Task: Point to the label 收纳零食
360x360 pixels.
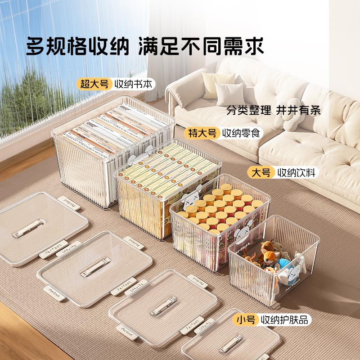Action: point(241,133)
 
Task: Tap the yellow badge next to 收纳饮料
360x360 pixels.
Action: point(261,172)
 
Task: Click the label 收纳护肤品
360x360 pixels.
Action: point(286,320)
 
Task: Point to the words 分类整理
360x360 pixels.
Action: point(249,110)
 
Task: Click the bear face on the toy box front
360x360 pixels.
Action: point(239,243)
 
